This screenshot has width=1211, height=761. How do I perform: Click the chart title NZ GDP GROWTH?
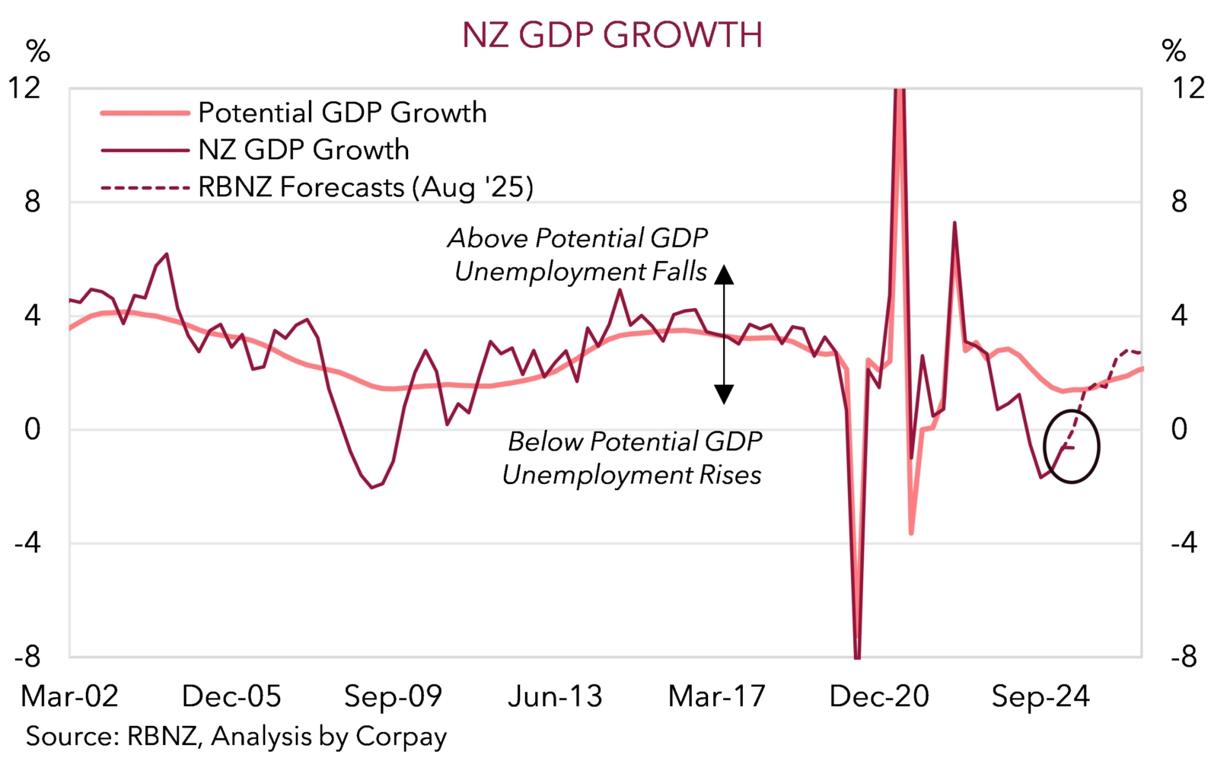(612, 35)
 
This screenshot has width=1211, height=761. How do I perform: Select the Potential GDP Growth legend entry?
(342, 113)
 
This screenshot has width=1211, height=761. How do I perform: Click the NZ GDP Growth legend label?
(303, 150)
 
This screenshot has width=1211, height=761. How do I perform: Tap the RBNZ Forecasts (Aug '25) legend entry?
(365, 187)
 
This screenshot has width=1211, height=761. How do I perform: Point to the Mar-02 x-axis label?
(70, 696)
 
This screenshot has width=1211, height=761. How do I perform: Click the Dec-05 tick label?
(232, 696)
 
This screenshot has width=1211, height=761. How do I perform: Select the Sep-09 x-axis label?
(393, 696)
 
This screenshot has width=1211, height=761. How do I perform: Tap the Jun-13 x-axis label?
(555, 696)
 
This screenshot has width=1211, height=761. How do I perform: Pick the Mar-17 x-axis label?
(716, 696)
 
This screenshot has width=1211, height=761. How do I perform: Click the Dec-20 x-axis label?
(879, 696)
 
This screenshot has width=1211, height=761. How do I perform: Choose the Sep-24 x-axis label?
(1041, 696)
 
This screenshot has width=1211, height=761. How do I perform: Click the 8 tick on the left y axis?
(32, 202)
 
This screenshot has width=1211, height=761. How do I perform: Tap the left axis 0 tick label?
(32, 430)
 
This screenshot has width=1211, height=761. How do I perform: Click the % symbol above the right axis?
(1174, 52)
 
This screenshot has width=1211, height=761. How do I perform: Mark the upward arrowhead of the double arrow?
(724, 275)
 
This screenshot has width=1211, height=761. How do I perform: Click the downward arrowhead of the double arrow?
(724, 393)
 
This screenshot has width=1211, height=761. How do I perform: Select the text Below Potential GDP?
(635, 441)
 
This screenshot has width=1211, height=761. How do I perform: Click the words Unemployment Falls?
(581, 272)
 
